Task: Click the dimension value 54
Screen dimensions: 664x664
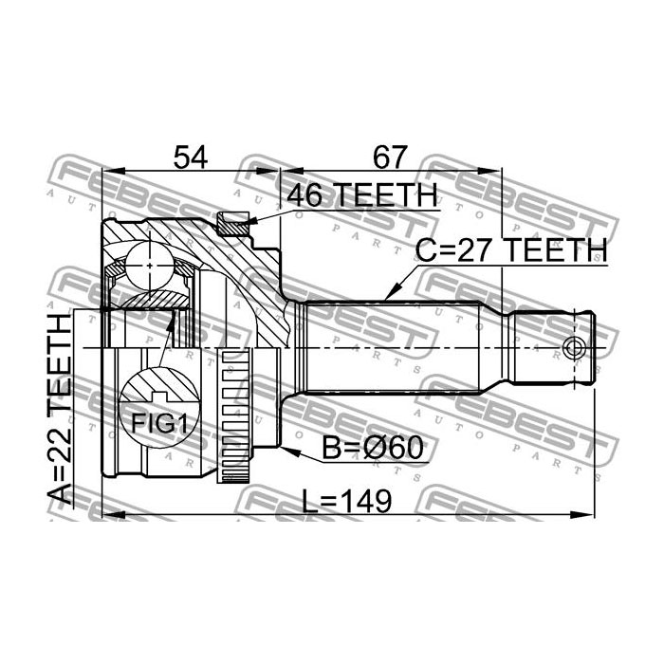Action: [191, 157]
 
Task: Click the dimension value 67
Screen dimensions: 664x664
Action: [390, 157]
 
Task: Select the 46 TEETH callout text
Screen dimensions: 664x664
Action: [361, 195]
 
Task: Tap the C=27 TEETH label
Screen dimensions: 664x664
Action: [511, 249]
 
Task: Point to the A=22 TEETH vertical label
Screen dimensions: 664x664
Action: [59, 409]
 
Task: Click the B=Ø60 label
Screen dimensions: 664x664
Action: [373, 448]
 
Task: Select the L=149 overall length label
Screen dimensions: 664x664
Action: [347, 501]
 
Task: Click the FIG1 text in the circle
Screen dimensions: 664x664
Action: [159, 423]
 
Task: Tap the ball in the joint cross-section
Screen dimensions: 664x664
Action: [150, 266]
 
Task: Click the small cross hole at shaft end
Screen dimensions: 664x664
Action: [573, 348]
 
